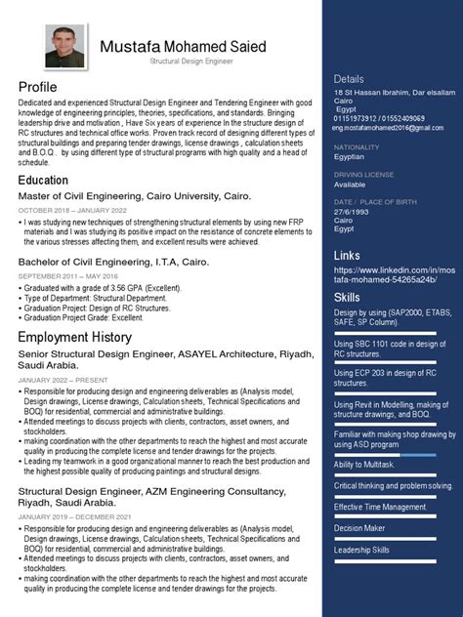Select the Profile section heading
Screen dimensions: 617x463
(x=38, y=87)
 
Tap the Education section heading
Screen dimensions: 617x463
(x=43, y=181)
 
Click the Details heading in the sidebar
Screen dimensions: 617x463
(x=349, y=78)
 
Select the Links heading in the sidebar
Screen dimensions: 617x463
(x=346, y=255)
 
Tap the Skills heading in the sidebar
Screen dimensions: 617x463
(x=346, y=296)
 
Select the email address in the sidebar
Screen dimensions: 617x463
(x=389, y=126)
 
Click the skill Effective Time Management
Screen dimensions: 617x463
(x=380, y=506)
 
